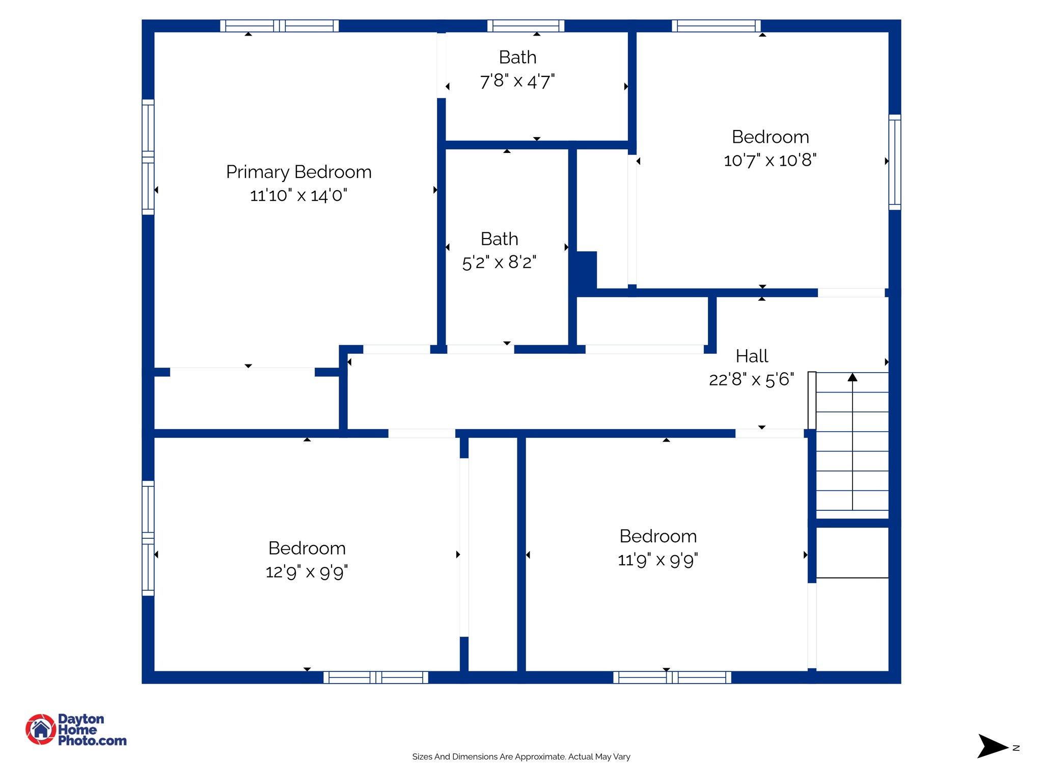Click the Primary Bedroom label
[x=298, y=172]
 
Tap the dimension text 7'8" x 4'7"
[x=517, y=81]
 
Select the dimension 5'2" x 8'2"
[x=499, y=263]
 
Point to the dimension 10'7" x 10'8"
[x=770, y=160]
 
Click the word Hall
[x=752, y=356]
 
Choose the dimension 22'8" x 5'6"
[x=751, y=379]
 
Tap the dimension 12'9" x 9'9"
[x=307, y=571]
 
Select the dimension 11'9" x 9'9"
[x=657, y=560]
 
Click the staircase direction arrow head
[x=853, y=377]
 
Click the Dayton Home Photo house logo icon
[x=41, y=729]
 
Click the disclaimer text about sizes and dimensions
[x=521, y=756]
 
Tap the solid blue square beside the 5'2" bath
[x=586, y=270]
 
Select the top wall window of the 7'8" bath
[x=526, y=25]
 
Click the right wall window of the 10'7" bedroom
[x=895, y=162]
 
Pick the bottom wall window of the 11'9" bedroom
[x=672, y=677]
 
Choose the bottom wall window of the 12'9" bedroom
[x=376, y=677]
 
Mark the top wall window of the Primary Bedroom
[x=279, y=25]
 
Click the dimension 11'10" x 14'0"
[x=298, y=195]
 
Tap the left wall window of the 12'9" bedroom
[x=148, y=538]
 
